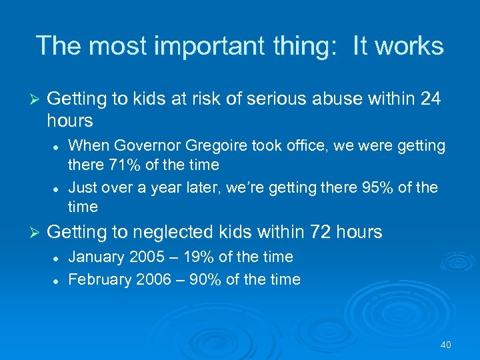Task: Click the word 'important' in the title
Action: coord(212,46)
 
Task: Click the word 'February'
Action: coord(100,279)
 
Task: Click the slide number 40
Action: coord(446,345)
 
